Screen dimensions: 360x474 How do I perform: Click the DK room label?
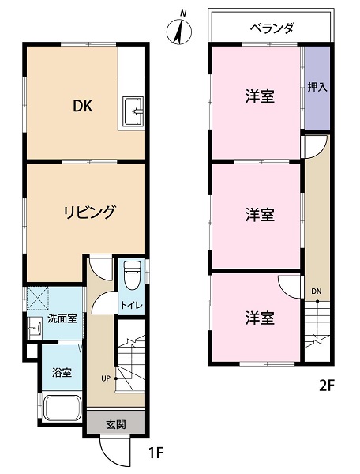82,106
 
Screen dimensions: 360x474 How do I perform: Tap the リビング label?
89,212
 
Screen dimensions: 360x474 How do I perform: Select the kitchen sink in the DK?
133,111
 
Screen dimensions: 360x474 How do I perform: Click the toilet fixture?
132,275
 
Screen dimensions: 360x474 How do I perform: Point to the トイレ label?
132,305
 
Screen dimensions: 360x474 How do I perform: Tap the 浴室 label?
62,372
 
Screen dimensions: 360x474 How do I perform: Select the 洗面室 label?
62,318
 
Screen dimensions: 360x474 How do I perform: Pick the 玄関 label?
116,425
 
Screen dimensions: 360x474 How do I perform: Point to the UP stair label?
106,378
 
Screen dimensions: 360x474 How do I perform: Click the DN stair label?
317,292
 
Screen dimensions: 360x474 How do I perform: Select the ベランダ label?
272,28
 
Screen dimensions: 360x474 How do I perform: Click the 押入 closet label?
317,88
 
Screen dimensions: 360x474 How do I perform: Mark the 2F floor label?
327,386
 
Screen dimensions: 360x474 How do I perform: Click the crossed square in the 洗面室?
38,299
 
